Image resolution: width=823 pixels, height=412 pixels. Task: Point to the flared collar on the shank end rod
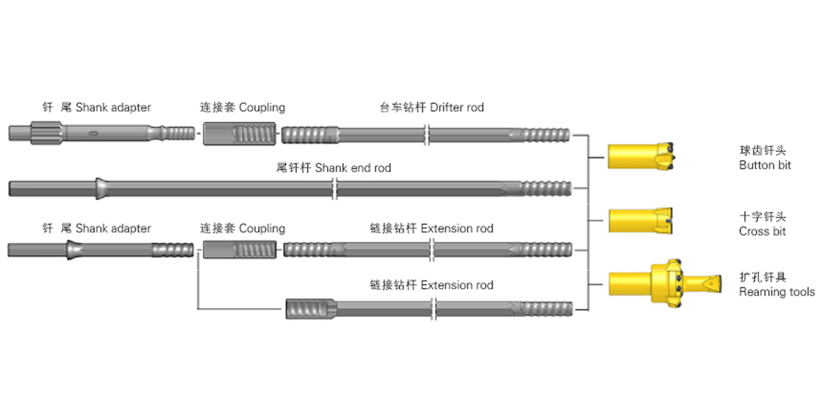(101, 188)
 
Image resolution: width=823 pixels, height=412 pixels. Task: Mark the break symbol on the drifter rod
(426, 132)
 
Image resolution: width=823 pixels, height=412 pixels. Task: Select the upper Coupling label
(243, 107)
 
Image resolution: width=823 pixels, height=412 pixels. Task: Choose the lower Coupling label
(243, 228)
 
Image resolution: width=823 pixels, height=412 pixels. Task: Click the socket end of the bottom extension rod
(309, 308)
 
